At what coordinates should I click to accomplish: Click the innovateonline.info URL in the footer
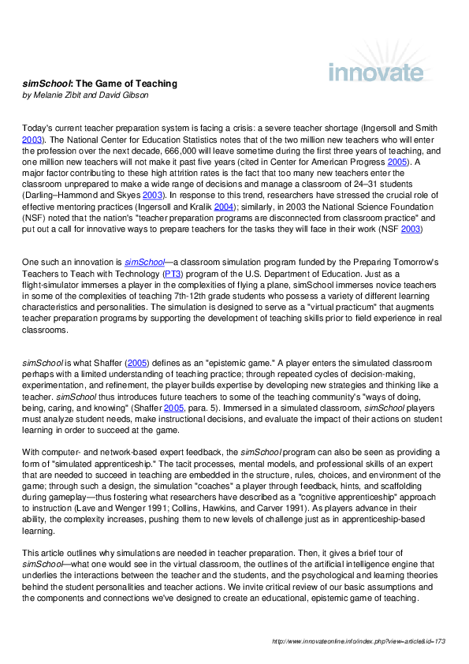(359, 642)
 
